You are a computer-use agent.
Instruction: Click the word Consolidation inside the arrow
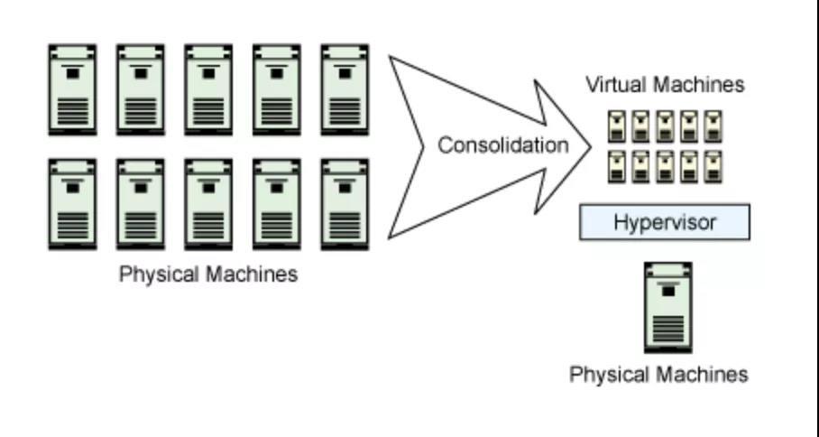502,145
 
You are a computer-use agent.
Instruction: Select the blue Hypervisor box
664,222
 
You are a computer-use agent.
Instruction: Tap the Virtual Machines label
665,85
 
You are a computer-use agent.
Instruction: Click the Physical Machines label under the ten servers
208,274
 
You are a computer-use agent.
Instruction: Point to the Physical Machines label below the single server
658,374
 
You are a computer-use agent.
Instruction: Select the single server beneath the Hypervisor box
667,307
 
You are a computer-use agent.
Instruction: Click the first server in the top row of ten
72,89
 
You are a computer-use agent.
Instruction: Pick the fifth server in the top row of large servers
345,89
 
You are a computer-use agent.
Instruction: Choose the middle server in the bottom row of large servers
208,204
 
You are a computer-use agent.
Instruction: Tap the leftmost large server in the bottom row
72,204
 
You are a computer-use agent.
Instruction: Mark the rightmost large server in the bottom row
345,204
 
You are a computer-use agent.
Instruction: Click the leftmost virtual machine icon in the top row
617,126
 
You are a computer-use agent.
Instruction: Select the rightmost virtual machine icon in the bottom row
713,166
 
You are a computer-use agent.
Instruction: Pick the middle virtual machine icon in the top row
666,126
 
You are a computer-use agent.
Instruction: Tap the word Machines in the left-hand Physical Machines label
253,274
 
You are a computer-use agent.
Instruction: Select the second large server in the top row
141,89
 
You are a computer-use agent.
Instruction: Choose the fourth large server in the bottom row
277,204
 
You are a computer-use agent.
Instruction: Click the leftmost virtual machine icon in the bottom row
617,166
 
